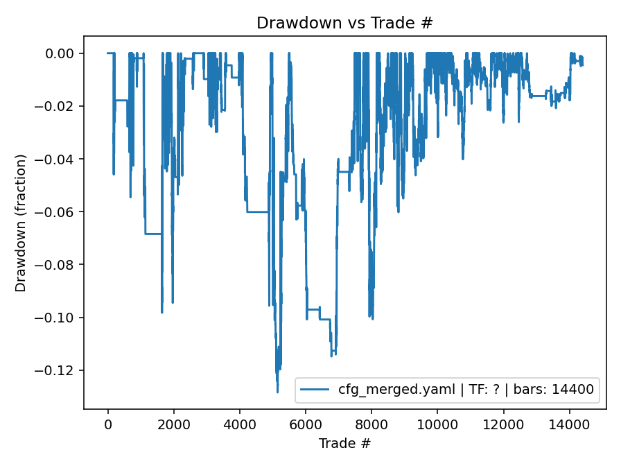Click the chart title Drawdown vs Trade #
(344, 23)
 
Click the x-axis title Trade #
(344, 442)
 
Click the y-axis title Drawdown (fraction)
(21, 223)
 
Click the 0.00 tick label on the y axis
(64, 53)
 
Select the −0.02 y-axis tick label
(60, 106)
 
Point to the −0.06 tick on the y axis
(60, 212)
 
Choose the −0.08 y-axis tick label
(60, 264)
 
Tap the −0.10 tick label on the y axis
(60, 318)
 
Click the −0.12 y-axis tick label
(60, 370)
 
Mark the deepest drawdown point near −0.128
(277, 392)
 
